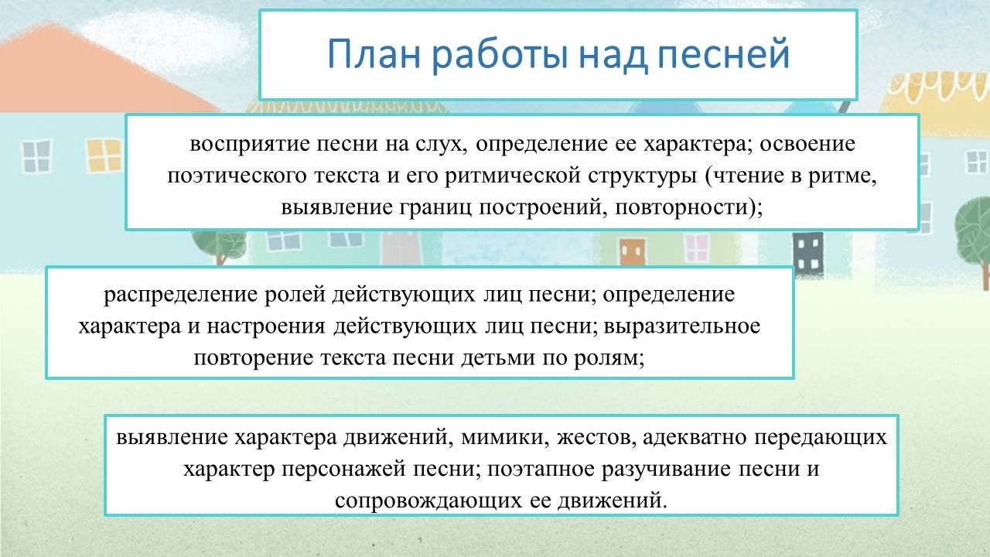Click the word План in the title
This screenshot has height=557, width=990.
374,54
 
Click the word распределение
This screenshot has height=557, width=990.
180,296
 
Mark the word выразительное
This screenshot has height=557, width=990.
682,327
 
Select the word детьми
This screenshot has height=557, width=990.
498,358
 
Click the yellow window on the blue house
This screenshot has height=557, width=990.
104,155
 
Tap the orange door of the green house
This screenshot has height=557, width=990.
633,251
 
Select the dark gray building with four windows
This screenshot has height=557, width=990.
808,253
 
